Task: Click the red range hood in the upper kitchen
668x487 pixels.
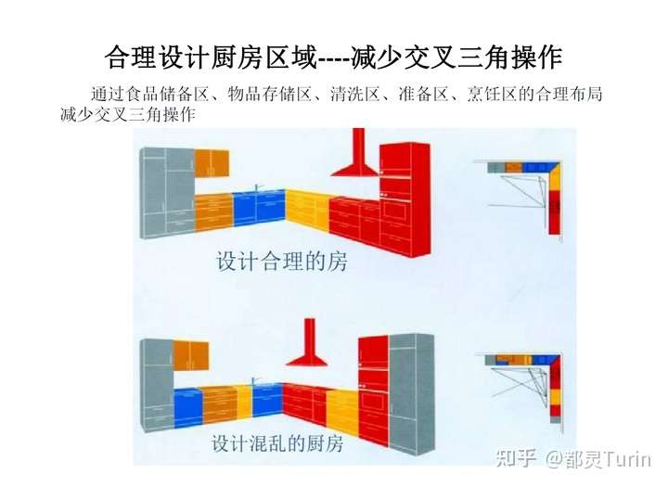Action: pyautogui.click(x=354, y=163)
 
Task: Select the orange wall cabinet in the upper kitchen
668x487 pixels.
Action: pyautogui.click(x=212, y=162)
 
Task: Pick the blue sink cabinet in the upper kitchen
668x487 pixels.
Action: pyautogui.click(x=259, y=209)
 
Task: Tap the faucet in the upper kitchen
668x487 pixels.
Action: pyautogui.click(x=257, y=186)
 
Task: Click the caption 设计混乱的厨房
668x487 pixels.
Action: pyautogui.click(x=277, y=443)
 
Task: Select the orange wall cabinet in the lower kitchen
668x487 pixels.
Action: pyautogui.click(x=191, y=353)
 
